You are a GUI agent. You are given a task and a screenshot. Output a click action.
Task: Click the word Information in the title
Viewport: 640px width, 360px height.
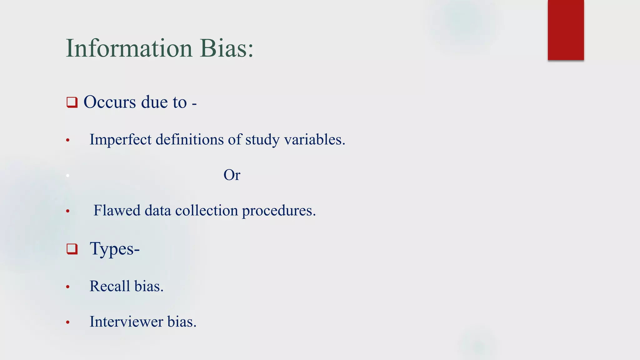coord(129,48)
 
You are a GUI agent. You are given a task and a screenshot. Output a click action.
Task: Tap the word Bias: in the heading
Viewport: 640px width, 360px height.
coord(227,48)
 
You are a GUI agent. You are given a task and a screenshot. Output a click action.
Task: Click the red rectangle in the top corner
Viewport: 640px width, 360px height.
coord(566,30)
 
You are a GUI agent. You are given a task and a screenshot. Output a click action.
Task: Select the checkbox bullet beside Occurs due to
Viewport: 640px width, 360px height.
coord(72,102)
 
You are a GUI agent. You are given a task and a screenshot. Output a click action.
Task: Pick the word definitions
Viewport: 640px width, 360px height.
coord(189,139)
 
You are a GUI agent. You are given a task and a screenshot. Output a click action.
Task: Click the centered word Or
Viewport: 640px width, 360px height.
coord(232,175)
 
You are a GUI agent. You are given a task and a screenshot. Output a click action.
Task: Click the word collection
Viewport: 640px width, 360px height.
coord(206,210)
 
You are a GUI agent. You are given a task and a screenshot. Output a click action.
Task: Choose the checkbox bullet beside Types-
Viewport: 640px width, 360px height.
coord(72,249)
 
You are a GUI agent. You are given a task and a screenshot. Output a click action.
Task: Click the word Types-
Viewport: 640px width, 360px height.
coord(114,249)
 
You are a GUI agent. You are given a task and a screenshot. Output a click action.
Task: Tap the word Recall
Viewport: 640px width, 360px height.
coord(110,286)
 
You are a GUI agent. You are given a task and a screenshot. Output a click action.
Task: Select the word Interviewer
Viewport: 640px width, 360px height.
coord(126,322)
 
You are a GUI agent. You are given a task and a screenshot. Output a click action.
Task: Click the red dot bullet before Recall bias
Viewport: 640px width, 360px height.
coord(68,287)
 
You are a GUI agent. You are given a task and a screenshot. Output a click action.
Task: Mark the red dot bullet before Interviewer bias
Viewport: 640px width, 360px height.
coord(68,322)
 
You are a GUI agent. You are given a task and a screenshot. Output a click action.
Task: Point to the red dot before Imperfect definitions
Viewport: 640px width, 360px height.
coord(68,140)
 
